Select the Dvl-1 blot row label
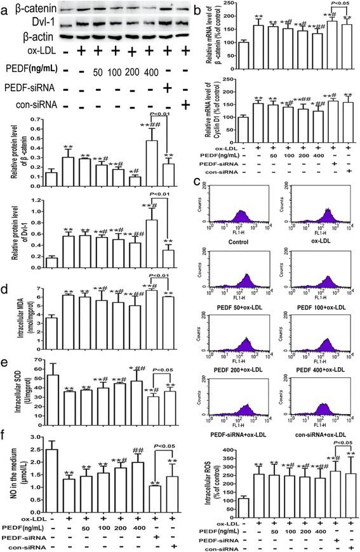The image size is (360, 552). pos(18,23)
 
